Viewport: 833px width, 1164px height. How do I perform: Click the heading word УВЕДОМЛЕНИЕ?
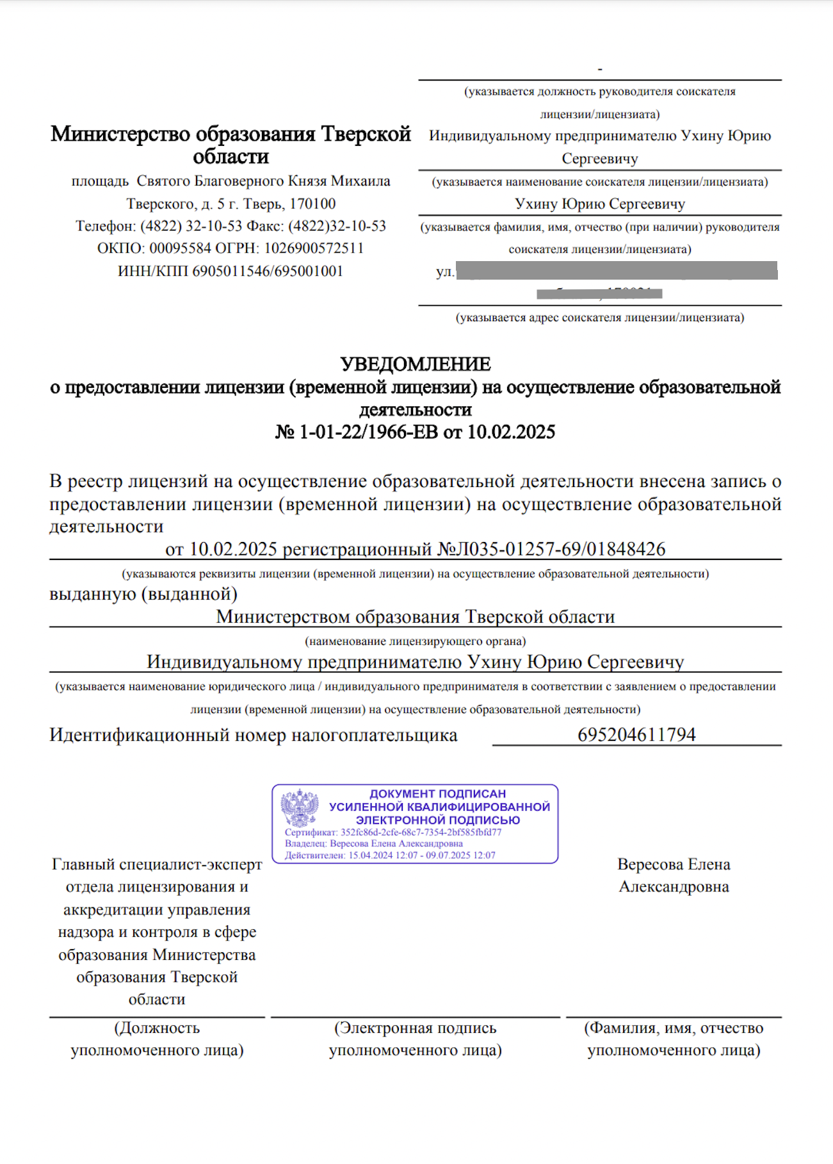tap(416, 364)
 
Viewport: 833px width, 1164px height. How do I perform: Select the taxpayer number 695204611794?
tap(636, 735)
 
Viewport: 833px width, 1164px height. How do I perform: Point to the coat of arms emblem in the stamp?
tap(300, 808)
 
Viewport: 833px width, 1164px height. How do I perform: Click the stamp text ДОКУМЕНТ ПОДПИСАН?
tap(437, 793)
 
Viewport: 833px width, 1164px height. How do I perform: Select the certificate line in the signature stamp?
tap(392, 833)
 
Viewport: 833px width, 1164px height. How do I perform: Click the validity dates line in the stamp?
tap(390, 856)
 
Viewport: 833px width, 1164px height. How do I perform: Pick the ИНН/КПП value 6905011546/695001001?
tap(268, 271)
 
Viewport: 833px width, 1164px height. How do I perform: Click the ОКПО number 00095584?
tap(180, 248)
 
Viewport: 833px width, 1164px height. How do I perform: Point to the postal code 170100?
tap(312, 204)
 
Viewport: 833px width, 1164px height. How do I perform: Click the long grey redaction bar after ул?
tap(617, 271)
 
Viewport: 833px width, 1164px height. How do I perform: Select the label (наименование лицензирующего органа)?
tap(416, 641)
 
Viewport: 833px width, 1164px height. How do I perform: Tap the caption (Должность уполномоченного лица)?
tap(157, 1039)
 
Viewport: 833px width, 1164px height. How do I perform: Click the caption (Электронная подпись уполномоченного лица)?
tap(416, 1039)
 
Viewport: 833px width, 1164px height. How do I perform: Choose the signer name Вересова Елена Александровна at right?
tap(674, 875)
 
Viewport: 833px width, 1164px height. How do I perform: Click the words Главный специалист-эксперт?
tap(157, 865)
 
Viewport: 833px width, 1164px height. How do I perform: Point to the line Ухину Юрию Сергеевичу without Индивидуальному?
tap(600, 204)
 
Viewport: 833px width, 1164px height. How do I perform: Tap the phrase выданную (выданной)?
tap(143, 594)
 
